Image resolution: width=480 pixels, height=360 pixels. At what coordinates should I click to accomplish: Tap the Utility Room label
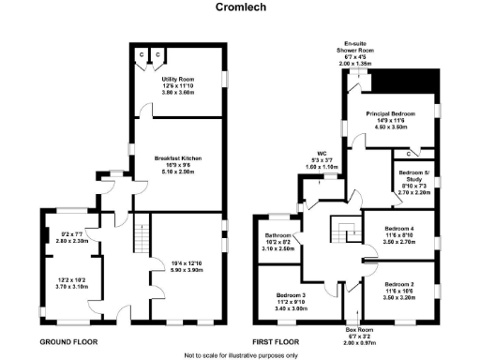click(x=178, y=80)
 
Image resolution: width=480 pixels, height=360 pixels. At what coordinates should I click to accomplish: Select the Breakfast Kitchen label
click(x=178, y=158)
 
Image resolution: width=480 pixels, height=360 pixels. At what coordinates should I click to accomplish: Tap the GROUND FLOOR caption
click(x=67, y=341)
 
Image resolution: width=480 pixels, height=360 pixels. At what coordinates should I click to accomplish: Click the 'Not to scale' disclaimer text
click(x=240, y=355)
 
